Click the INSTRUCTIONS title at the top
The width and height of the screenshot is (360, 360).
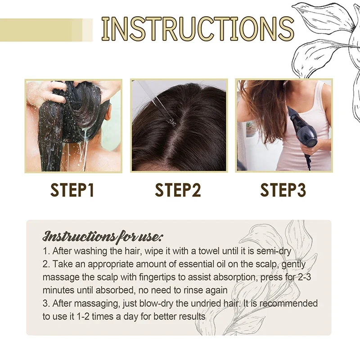198,28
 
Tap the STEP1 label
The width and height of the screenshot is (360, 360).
72,190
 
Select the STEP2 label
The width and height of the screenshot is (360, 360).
178,190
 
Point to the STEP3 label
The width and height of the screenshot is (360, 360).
283,190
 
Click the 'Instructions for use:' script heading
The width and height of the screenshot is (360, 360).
103,236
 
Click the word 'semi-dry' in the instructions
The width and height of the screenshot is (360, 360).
275,251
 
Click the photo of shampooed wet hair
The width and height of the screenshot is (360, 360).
73,126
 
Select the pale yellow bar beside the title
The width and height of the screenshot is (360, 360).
45,29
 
